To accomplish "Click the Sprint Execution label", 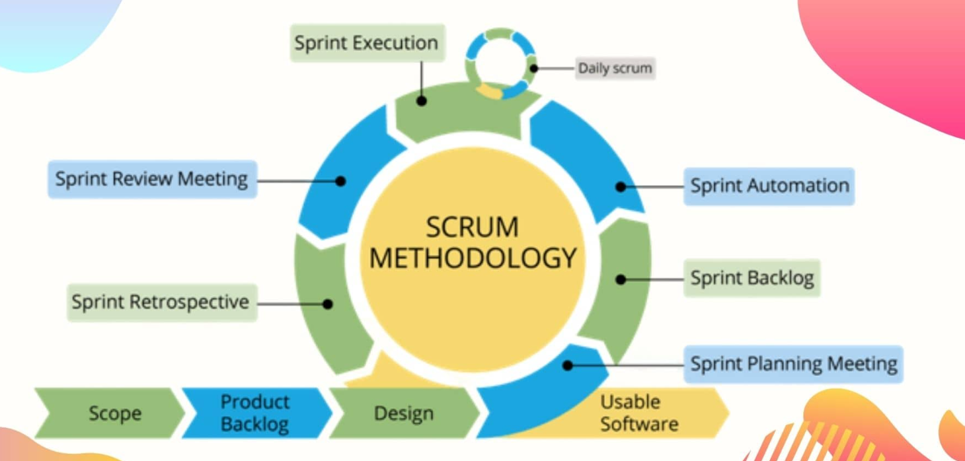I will point(366,43).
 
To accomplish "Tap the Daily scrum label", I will point(615,68).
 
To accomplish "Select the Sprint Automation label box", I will point(769,186).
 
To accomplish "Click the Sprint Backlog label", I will point(752,278).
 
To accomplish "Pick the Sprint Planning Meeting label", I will point(793,364).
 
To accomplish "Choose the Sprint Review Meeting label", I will point(151,179).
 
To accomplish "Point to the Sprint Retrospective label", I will point(161,302).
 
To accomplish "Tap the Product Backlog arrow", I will point(254,413).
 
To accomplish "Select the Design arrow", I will point(403,413).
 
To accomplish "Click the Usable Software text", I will point(638,413).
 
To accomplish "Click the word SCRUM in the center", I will point(472,228).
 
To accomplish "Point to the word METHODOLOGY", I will point(472,258).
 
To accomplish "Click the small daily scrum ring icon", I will point(500,63).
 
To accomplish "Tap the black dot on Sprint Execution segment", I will point(422,101).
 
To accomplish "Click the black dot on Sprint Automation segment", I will point(621,187).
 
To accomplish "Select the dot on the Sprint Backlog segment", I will point(621,280).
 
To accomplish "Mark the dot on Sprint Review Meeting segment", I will point(340,180).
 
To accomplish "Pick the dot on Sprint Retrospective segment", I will point(328,304).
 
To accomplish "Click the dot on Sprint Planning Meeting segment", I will point(568,365).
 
